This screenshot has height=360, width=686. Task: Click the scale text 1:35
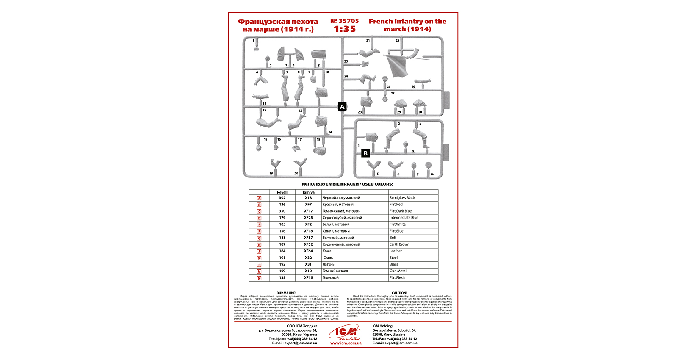coord(345,29)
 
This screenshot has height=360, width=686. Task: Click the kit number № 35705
coord(344,21)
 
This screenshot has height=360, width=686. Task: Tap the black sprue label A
coord(342,107)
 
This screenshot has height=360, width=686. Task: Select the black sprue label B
coord(365,153)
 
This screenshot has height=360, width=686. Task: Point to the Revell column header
coord(282,192)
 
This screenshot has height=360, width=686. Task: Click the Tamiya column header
coord(308,192)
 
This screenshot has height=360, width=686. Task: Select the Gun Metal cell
coord(398,271)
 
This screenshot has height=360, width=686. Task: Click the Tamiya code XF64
coord(308,251)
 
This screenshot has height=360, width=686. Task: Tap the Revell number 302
coord(282,198)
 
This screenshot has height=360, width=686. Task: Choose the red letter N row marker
coord(259,278)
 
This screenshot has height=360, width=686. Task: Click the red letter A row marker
coord(259,198)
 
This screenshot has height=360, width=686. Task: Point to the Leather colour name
coord(396,251)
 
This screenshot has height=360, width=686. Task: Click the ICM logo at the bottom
coord(346,332)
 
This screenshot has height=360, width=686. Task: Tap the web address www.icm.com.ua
coord(346,343)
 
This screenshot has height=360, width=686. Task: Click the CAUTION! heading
coord(399,293)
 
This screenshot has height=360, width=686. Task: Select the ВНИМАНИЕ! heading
coord(286,293)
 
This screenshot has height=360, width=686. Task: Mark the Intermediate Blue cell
coord(404,218)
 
